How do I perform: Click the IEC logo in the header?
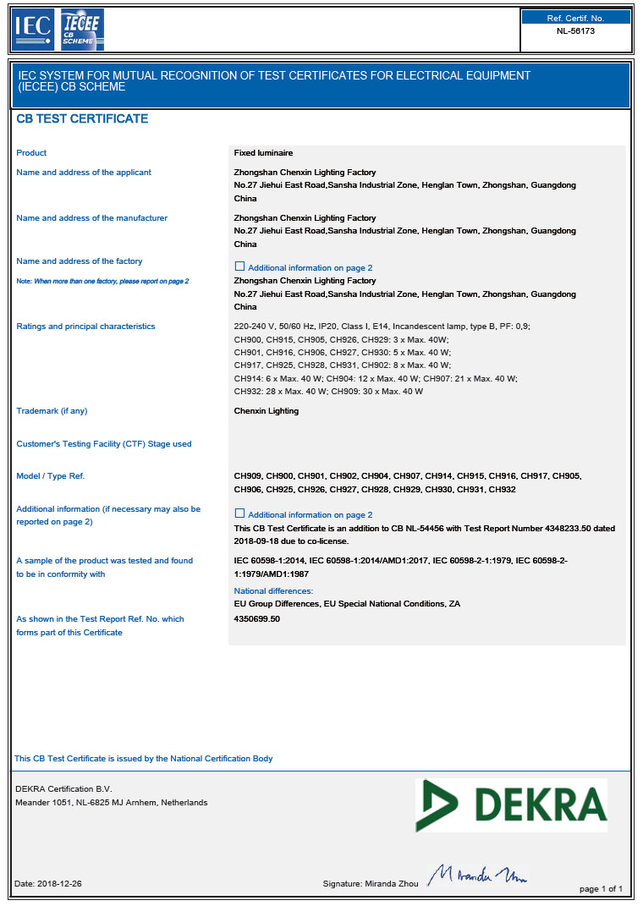click(x=33, y=30)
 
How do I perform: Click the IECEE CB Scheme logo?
click(x=81, y=30)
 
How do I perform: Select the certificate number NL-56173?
click(x=575, y=30)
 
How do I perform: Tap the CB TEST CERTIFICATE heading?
click(x=82, y=119)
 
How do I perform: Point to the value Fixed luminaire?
click(x=263, y=153)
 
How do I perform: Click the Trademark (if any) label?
click(x=52, y=411)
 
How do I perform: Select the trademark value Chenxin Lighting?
click(x=266, y=411)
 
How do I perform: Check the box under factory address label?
click(x=239, y=266)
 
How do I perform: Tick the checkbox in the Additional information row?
click(x=239, y=513)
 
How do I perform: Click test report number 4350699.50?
click(x=256, y=619)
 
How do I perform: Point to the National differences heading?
click(x=273, y=590)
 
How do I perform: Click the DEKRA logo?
click(x=511, y=804)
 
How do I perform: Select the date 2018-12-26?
click(x=59, y=884)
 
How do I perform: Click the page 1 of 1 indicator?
click(x=601, y=889)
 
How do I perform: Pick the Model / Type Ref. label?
click(x=51, y=476)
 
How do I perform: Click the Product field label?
click(x=31, y=153)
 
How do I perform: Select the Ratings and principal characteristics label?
click(x=85, y=327)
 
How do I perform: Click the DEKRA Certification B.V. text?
click(x=63, y=789)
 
